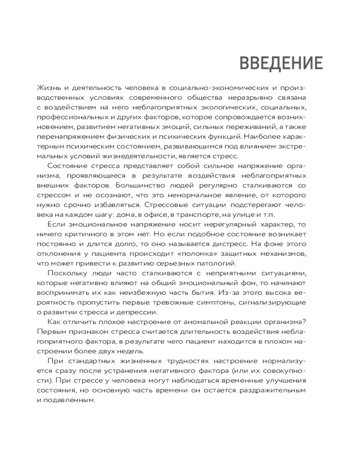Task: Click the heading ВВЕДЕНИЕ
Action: coord(280,63)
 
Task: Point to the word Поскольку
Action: coord(67,274)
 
